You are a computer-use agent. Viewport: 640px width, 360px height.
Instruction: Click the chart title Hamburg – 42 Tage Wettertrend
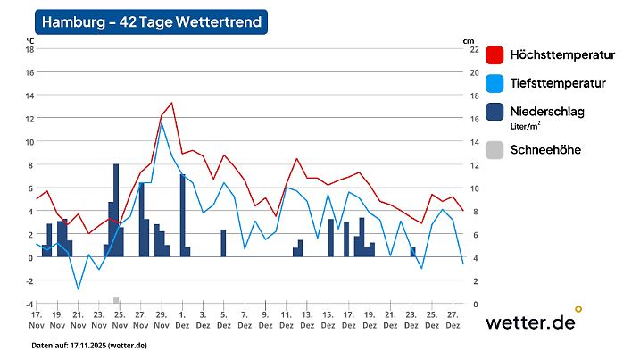pos(152,22)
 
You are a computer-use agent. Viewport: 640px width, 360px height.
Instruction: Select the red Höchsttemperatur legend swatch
pos(495,55)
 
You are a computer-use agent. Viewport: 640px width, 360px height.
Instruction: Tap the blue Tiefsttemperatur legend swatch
pos(495,84)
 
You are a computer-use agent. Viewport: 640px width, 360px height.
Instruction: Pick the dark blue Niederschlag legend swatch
pos(495,113)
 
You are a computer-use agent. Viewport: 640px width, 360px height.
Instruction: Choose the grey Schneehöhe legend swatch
pos(495,150)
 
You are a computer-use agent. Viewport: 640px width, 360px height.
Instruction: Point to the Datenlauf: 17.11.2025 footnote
pos(89,345)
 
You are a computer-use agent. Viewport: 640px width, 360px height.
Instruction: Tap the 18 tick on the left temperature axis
pos(29,49)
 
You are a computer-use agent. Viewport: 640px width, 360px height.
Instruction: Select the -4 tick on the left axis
pos(29,305)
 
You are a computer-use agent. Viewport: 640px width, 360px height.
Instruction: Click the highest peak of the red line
pos(171,103)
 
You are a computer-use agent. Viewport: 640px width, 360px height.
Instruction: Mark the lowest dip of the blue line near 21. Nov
pos(79,289)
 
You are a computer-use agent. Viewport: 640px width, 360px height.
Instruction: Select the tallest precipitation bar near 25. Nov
pos(116,210)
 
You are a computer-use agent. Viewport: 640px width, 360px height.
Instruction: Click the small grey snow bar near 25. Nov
pos(116,300)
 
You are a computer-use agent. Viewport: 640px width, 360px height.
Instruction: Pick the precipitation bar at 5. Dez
pos(223,243)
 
